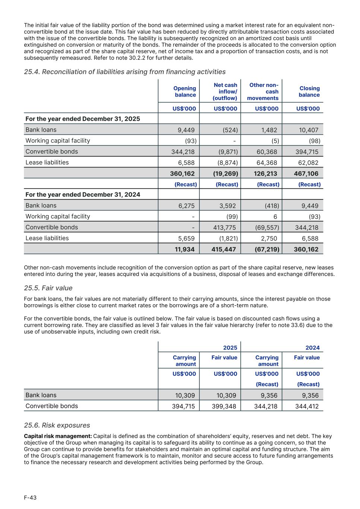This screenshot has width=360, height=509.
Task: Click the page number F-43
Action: [x=30, y=497]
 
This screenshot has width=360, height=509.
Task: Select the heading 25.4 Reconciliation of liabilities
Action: [x=124, y=72]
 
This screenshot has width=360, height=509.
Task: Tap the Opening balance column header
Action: [x=184, y=91]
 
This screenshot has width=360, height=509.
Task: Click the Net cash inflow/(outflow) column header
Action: [x=225, y=91]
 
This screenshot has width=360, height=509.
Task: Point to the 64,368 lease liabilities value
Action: [x=267, y=163]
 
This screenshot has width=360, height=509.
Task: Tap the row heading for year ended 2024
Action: [x=83, y=194]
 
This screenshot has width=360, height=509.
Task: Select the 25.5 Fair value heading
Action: [x=48, y=288]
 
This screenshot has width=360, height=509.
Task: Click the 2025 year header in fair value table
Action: [x=230, y=348]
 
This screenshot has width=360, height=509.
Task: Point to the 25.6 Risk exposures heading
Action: [x=57, y=425]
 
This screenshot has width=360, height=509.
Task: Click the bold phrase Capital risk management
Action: [x=58, y=436]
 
